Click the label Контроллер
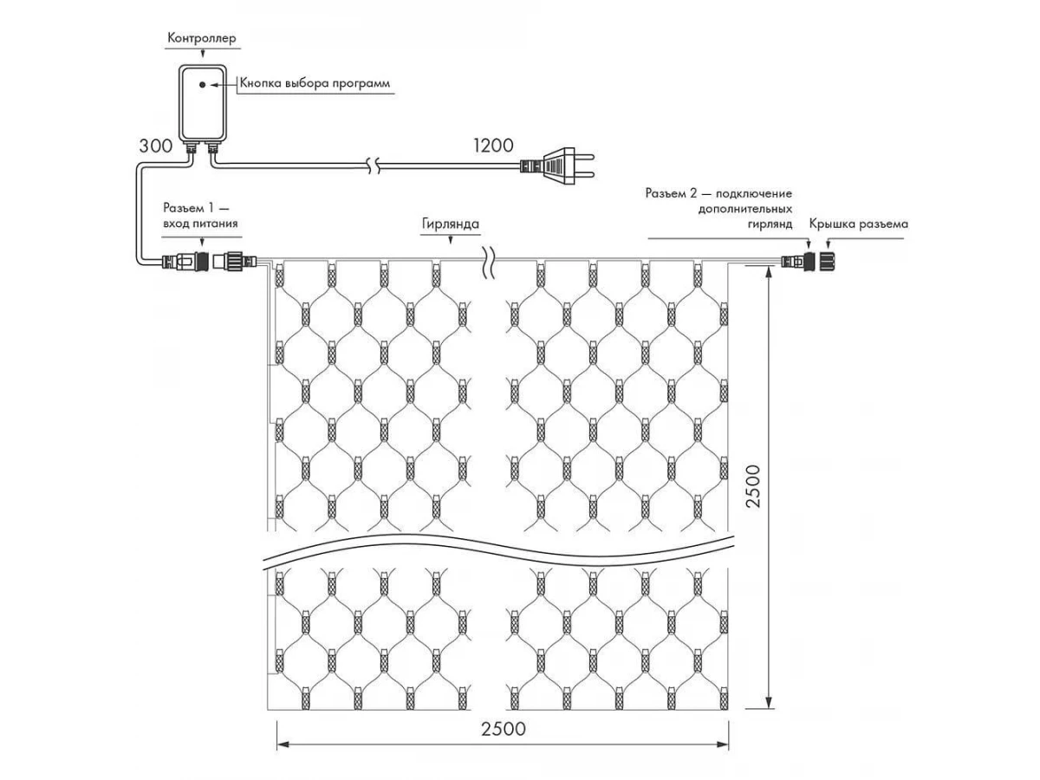[202, 38]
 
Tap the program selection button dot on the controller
[202, 85]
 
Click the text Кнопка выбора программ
[315, 83]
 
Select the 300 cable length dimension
[155, 146]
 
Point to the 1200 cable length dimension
[493, 146]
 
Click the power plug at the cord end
[557, 166]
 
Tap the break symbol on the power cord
[374, 166]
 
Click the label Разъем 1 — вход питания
[200, 216]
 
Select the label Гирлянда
[451, 224]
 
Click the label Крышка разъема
[859, 224]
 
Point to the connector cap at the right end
[826, 261]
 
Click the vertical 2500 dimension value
[753, 486]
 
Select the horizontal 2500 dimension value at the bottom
[504, 728]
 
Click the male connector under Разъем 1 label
[186, 261]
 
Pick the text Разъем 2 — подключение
[718, 193]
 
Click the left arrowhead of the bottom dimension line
[283, 745]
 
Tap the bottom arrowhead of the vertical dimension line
[769, 703]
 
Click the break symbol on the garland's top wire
[489, 262]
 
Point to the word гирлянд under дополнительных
[770, 224]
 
